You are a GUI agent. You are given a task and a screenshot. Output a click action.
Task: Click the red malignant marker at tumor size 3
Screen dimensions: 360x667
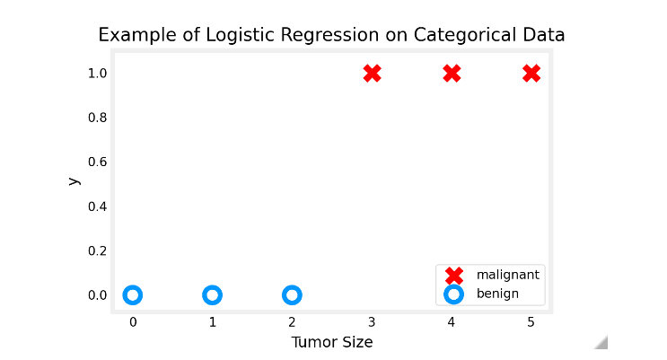[372, 73]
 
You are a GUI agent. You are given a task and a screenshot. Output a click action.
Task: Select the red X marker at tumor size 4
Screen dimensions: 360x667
[452, 73]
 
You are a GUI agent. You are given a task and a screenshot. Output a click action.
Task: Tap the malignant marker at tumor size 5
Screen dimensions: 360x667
[531, 73]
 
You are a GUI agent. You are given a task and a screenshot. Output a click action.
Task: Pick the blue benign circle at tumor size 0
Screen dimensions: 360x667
[132, 294]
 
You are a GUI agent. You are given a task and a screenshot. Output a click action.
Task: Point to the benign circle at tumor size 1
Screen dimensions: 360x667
[212, 294]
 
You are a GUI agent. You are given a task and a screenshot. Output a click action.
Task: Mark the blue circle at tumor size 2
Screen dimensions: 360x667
[292, 294]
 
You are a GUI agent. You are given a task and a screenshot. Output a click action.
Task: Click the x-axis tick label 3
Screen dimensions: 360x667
[372, 321]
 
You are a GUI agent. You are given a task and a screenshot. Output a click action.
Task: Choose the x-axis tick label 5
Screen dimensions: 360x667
[531, 321]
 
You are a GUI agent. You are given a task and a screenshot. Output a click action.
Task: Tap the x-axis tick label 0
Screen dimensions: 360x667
[132, 321]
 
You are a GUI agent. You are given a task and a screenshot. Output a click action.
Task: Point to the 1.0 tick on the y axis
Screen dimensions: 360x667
[97, 73]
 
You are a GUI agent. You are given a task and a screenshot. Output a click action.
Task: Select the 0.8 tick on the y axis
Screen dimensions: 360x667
[97, 118]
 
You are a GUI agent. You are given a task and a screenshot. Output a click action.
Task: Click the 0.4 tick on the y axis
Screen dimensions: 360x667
[97, 206]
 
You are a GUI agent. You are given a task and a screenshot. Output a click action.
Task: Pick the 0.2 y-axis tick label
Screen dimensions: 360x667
[97, 250]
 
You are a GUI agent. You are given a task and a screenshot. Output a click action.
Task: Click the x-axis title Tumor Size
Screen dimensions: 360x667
[331, 342]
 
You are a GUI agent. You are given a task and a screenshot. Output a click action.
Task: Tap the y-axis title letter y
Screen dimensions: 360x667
[73, 181]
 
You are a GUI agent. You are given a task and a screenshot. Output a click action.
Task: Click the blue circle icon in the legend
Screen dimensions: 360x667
[454, 294]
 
